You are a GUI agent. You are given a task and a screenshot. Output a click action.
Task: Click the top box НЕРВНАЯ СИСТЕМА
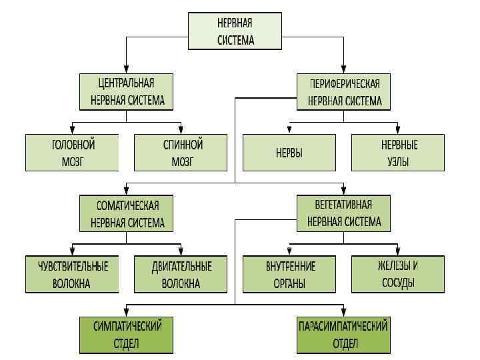click(235, 31)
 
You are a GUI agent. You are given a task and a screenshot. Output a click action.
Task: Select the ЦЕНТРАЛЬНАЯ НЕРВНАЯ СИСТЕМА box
click(127, 92)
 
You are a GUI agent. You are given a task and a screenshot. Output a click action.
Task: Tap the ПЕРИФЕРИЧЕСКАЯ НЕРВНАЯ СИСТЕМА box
click(344, 92)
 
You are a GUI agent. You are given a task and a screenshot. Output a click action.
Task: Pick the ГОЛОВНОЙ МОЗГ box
click(72, 153)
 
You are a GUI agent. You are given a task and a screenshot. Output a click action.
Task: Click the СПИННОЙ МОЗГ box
click(181, 153)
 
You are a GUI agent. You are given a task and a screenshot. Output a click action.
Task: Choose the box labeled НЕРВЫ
click(289, 153)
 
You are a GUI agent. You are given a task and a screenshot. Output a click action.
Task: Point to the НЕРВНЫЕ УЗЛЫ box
click(398, 153)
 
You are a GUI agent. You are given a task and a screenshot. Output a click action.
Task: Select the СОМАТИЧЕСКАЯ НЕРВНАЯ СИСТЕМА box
click(127, 213)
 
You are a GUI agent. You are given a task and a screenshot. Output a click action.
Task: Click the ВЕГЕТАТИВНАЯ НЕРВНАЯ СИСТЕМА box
click(344, 213)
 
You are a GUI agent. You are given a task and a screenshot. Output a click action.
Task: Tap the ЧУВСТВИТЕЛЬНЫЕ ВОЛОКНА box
click(72, 274)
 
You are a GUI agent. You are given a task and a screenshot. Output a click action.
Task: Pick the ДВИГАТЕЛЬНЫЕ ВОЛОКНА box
click(181, 274)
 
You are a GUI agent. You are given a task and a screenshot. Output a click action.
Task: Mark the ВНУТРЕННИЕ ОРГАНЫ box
click(289, 274)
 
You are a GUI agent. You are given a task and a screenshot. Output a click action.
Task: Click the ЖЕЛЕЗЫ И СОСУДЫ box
click(398, 274)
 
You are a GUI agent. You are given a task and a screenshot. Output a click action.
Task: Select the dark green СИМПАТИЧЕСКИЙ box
click(127, 335)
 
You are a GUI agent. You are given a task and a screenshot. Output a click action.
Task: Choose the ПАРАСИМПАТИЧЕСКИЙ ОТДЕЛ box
click(344, 335)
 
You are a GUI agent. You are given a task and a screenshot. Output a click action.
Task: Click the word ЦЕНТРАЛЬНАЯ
click(127, 83)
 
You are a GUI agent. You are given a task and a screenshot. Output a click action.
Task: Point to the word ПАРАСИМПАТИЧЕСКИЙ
click(344, 327)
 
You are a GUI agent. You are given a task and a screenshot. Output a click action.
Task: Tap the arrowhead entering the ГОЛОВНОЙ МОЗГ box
click(72, 131)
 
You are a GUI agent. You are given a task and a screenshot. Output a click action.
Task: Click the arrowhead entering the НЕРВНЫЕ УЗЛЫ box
click(398, 131)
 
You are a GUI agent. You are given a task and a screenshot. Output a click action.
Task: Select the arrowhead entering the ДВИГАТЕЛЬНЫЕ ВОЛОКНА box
click(181, 252)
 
